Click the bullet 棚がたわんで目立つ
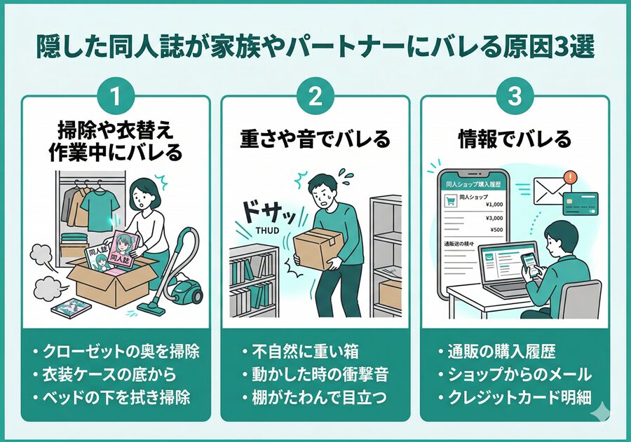point(315,397)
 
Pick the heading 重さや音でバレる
point(315,139)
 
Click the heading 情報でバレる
point(514,139)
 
